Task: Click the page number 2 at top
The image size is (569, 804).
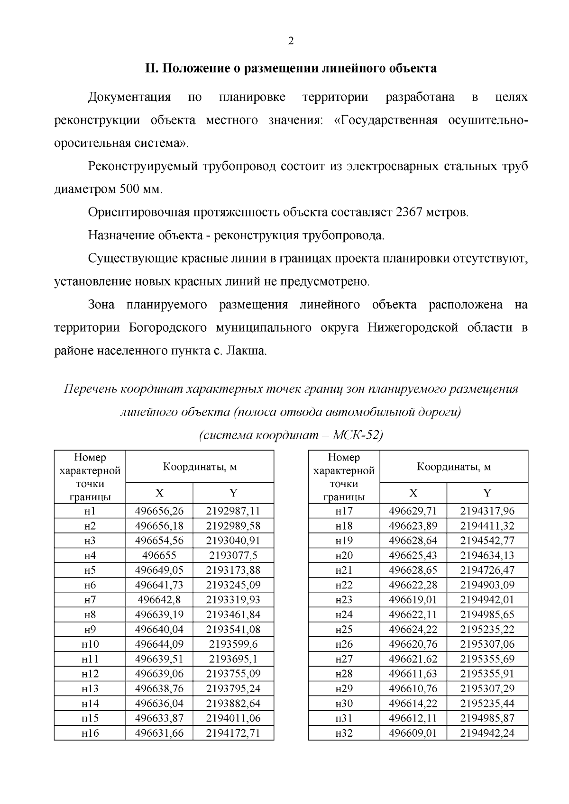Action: point(291,41)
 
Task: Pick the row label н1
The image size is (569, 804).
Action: point(90,511)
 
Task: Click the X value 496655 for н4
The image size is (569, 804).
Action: point(159,555)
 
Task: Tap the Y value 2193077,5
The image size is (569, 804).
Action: point(233,555)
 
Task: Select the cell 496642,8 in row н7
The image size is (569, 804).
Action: point(159,599)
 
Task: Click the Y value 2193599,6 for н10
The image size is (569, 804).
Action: point(233,644)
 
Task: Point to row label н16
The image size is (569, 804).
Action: point(90,733)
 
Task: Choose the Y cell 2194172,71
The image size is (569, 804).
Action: point(233,733)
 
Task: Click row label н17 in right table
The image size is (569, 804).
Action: point(344,511)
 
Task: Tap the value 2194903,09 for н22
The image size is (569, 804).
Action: point(487,585)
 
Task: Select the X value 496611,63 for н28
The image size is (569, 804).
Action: point(413,673)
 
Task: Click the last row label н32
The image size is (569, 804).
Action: point(344,733)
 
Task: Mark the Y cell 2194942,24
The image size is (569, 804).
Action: point(487,733)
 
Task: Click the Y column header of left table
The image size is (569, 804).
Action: point(233,493)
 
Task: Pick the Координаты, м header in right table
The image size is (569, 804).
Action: point(454,467)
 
